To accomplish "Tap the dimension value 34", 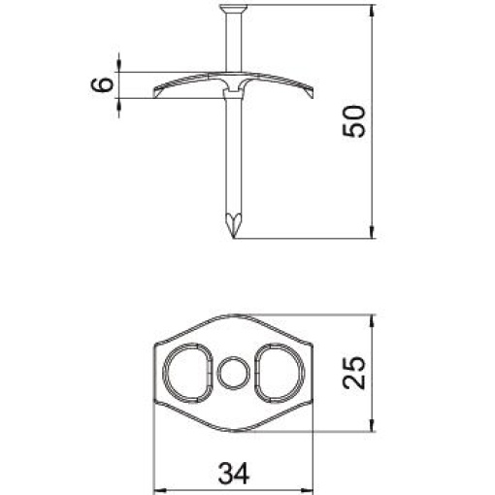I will pyautogui.click(x=232, y=473).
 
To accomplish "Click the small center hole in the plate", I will pyautogui.click(x=233, y=372).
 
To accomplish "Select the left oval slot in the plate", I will pyautogui.click(x=188, y=372).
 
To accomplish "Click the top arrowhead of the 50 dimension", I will pyautogui.click(x=374, y=12).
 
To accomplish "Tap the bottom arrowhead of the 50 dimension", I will pyautogui.click(x=374, y=233).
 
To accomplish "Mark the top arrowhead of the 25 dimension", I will pyautogui.click(x=374, y=319).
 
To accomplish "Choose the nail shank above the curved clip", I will pyautogui.click(x=233, y=44).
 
